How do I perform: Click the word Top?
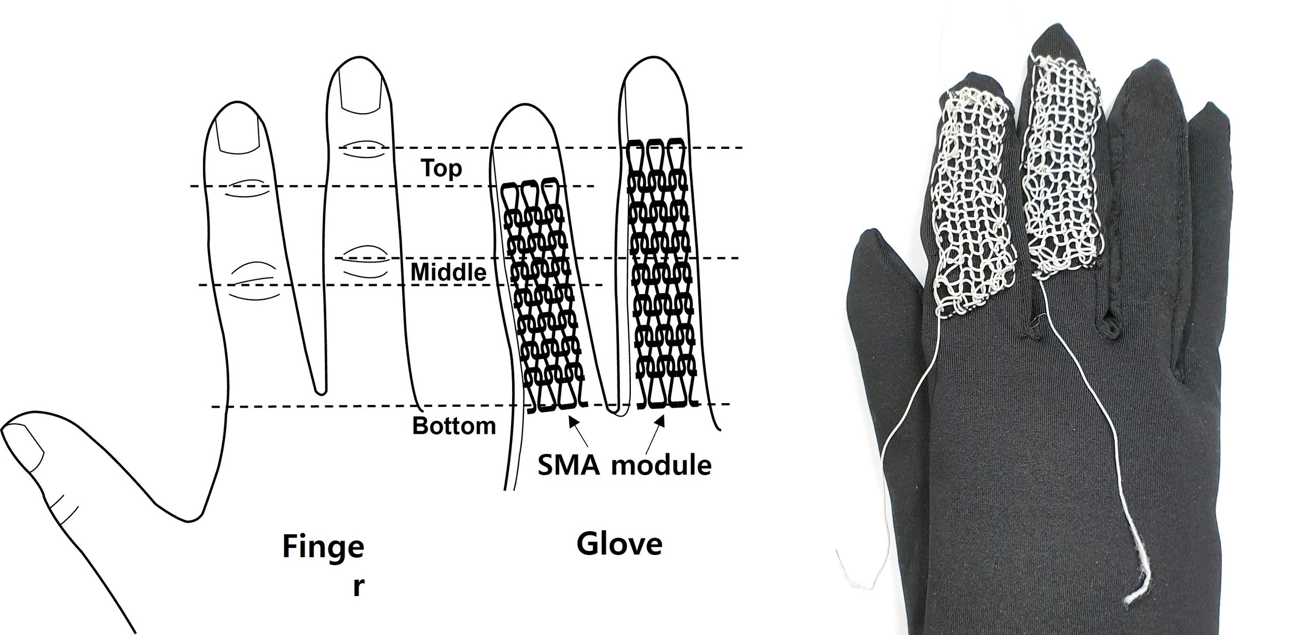click(x=441, y=168)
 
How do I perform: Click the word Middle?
click(x=448, y=272)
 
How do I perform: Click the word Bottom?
click(x=454, y=426)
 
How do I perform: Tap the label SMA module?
click(x=624, y=464)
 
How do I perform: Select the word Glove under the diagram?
click(x=619, y=544)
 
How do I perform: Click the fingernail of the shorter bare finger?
click(x=238, y=134)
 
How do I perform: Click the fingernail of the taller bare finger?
click(x=360, y=92)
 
